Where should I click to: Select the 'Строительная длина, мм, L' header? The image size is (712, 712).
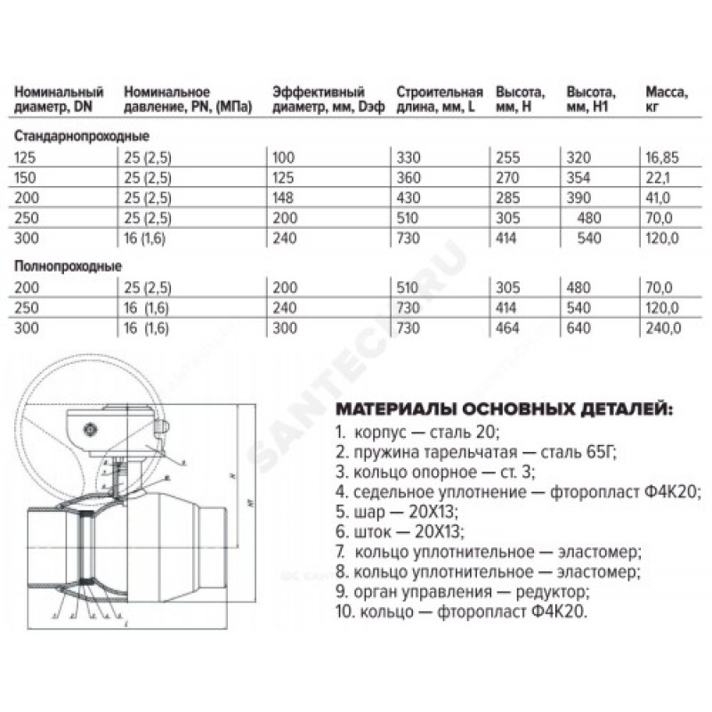[440, 99]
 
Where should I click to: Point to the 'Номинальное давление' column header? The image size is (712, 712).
[188, 99]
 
